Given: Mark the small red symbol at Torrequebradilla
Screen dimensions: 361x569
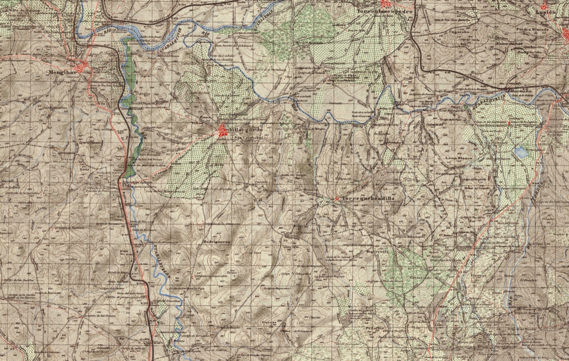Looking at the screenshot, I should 337,198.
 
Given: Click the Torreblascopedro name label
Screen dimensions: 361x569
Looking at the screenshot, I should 385,12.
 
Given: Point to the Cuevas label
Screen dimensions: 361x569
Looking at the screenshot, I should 267,322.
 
